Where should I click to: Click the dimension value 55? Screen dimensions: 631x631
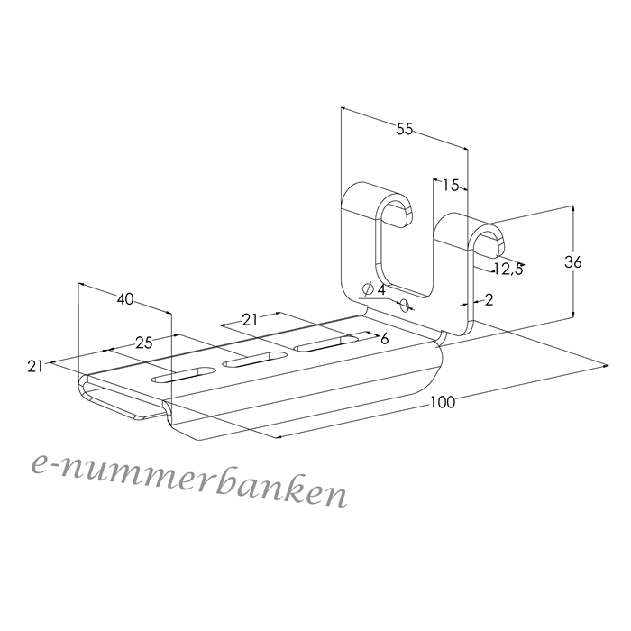(405, 129)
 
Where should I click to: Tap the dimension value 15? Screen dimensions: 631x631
(451, 186)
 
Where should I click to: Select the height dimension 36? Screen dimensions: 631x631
(572, 262)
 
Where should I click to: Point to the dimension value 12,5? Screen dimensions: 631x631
(508, 270)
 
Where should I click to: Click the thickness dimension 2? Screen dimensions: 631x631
(489, 300)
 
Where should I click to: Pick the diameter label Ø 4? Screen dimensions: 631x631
(373, 289)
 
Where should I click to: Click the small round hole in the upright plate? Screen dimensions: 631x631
(405, 305)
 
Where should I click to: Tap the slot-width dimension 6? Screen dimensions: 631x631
(384, 339)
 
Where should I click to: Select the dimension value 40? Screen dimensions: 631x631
(125, 299)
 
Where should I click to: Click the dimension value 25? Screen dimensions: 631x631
(143, 343)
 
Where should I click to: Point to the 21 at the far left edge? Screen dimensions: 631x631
(35, 366)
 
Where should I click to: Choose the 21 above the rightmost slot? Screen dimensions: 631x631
(250, 320)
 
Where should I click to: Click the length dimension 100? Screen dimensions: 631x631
(443, 402)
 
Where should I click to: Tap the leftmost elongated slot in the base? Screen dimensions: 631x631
(183, 375)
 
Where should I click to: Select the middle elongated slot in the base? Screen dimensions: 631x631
(255, 360)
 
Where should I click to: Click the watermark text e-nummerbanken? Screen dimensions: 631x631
(188, 480)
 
